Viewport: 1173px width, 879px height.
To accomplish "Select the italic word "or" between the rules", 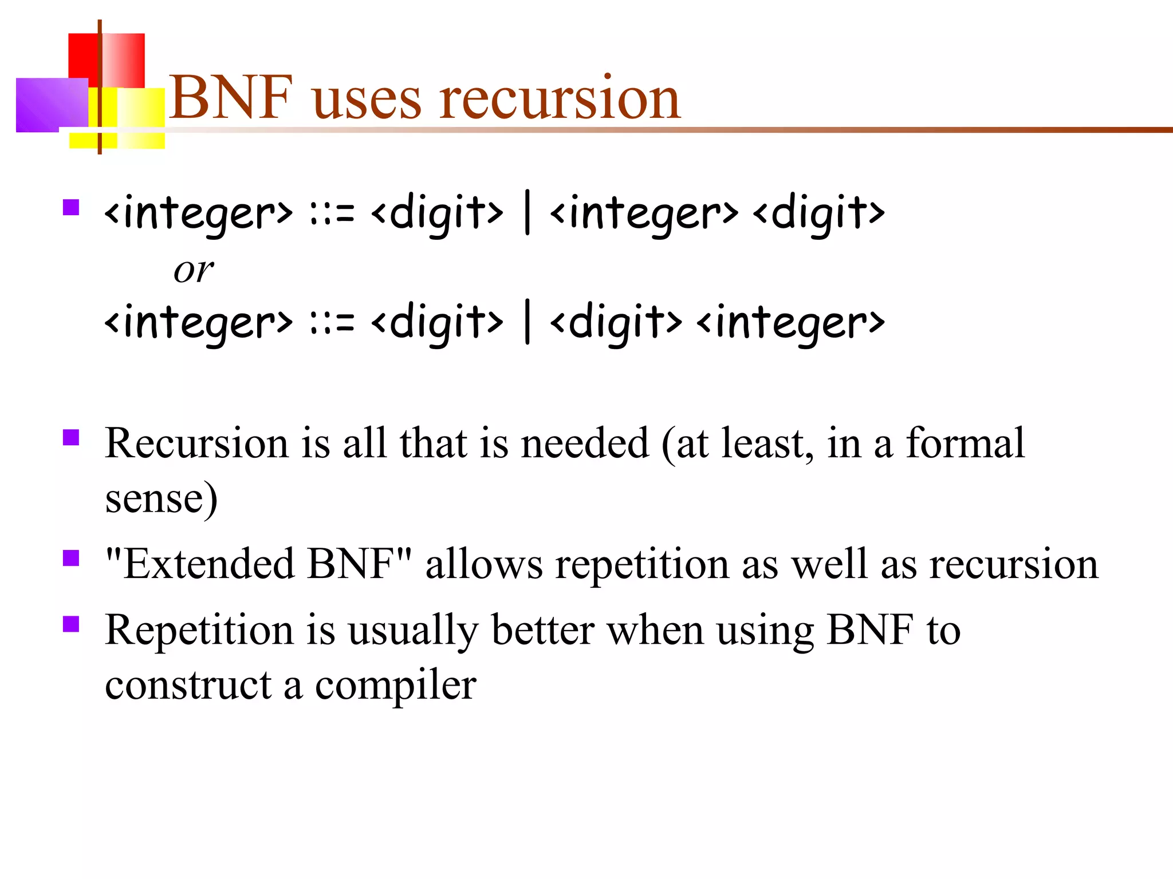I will point(194,270).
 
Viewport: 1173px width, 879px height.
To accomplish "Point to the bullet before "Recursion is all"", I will point(71,437).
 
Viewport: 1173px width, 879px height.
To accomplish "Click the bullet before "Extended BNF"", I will point(71,557).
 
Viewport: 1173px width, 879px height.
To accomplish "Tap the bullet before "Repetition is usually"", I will point(71,624).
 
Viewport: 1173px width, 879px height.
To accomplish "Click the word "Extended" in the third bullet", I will point(208,564).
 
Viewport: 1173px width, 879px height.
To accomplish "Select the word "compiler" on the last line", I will point(396,684).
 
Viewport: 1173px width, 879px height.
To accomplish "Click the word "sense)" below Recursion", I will point(161,498).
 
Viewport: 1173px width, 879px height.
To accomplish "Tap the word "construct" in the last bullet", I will point(188,684).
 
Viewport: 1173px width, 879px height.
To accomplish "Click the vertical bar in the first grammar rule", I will point(527,213).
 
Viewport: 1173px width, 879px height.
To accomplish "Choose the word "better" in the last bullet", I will point(542,630).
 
